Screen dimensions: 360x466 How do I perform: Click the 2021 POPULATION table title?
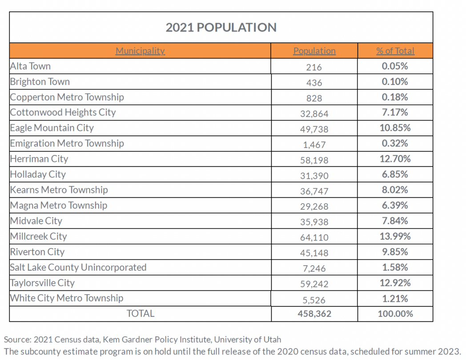[221, 28]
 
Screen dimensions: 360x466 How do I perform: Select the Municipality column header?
[140, 51]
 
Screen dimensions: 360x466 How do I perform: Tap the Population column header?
[314, 51]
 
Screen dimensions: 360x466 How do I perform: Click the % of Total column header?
[395, 51]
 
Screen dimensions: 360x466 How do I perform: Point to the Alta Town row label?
[30, 66]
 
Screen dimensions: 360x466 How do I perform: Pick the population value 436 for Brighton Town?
[314, 83]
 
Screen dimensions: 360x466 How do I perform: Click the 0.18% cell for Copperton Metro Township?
[395, 97]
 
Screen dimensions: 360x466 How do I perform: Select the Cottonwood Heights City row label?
[63, 112]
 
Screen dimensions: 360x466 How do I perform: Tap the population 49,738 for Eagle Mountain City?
[314, 129]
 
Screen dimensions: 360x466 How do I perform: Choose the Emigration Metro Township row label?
[67, 144]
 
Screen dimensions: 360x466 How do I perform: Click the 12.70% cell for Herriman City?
[395, 159]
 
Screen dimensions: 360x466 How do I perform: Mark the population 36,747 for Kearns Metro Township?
[314, 191]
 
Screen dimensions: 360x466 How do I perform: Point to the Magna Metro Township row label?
[59, 205]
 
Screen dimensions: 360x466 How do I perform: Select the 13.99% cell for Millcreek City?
[395, 236]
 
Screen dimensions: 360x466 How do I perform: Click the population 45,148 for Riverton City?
[314, 253]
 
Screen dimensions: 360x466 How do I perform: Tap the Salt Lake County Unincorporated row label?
[78, 268]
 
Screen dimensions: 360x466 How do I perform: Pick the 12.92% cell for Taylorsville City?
[395, 283]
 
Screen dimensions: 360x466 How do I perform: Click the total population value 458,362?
[314, 314]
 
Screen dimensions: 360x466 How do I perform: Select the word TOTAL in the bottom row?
[141, 314]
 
